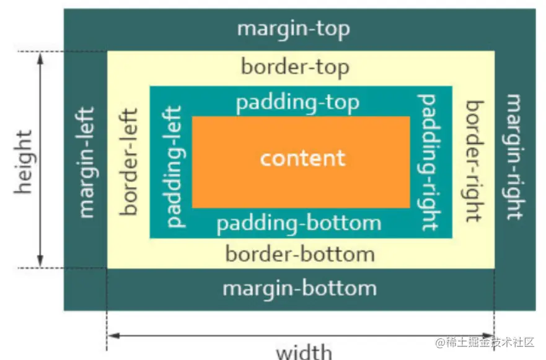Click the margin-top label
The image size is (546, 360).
[294, 30]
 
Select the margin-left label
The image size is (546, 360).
[87, 162]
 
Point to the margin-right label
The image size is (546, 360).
[514, 157]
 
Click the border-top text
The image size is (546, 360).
[295, 67]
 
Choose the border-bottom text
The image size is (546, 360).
[300, 254]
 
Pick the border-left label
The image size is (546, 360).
[128, 162]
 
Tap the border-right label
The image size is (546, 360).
[475, 161]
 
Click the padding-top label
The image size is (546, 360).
[297, 103]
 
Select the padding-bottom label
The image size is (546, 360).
[299, 224]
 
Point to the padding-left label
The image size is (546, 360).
[174, 167]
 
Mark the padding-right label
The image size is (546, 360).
[429, 162]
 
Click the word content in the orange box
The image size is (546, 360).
[303, 159]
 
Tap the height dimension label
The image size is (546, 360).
[24, 162]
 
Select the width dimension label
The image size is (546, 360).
[304, 352]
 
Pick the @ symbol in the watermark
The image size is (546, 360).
[441, 343]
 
